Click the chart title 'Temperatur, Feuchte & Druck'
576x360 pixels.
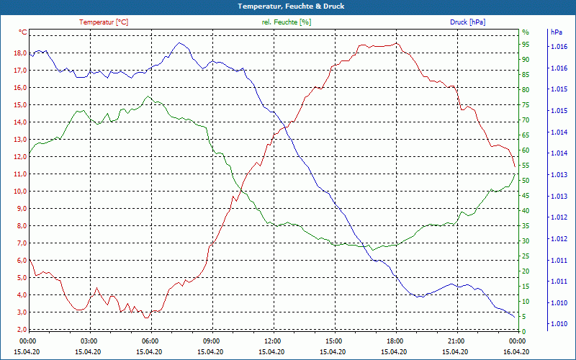(x=288, y=6)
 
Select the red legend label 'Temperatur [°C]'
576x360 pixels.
(x=104, y=22)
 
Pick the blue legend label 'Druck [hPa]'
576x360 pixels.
(x=467, y=22)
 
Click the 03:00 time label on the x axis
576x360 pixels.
(x=89, y=341)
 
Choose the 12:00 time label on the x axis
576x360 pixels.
(x=272, y=341)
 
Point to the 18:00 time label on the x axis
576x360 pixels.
(x=395, y=341)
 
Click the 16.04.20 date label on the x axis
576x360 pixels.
(x=517, y=351)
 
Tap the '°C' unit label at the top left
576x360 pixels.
(x=23, y=32)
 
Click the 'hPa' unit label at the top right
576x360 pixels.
(x=557, y=32)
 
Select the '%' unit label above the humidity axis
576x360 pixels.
(x=526, y=32)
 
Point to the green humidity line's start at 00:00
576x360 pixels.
(x=29, y=156)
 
